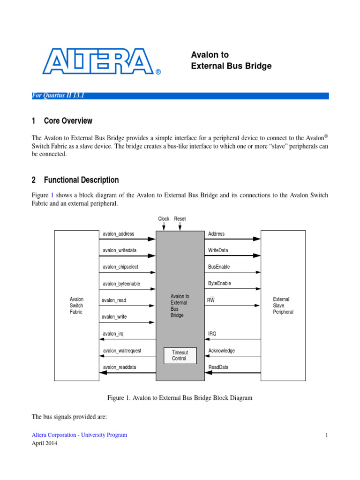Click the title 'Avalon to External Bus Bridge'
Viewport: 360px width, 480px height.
[x=231, y=60]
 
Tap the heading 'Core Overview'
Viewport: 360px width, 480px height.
[x=68, y=121]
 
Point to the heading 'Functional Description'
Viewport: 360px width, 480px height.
[x=81, y=180]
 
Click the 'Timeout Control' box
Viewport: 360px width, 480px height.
[x=179, y=355]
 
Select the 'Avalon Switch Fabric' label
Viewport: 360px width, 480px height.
[x=76, y=306]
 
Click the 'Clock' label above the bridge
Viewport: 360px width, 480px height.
[x=164, y=219]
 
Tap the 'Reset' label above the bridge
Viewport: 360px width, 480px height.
[x=180, y=219]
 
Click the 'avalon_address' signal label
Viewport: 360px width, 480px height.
[x=119, y=234]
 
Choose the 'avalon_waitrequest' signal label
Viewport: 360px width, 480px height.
[x=122, y=351]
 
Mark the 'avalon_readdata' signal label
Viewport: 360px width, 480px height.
[x=120, y=367]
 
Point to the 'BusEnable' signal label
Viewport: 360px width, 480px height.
[x=219, y=267]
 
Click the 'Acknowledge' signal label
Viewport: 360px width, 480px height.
[x=221, y=351]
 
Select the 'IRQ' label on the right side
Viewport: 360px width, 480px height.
[x=212, y=334]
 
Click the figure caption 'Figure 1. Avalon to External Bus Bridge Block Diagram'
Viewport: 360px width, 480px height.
[x=180, y=398]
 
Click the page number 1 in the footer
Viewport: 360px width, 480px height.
[x=327, y=435]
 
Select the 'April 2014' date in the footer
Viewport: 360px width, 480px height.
[x=45, y=443]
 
